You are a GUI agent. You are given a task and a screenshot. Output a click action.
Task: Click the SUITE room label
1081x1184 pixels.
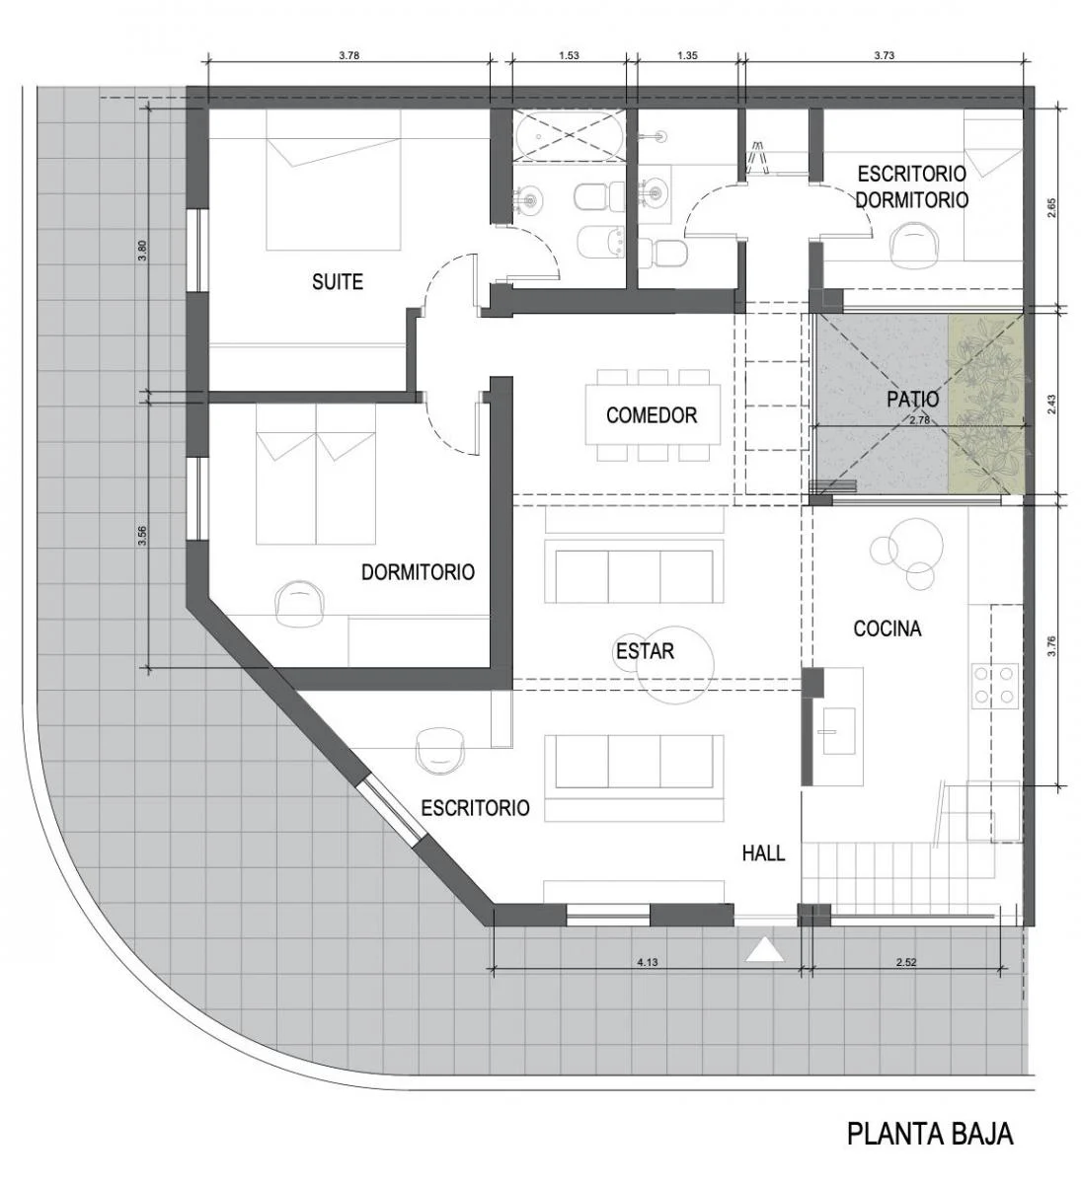[338, 282]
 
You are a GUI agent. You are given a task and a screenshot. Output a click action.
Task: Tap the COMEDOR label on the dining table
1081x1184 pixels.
[652, 415]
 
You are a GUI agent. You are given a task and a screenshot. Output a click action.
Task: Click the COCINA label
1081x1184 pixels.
[888, 629]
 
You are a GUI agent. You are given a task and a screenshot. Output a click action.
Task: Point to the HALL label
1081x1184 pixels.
[764, 852]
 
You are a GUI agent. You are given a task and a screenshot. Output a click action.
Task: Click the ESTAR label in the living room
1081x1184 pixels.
[645, 651]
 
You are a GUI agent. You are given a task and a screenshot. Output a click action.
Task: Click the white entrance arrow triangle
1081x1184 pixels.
[764, 950]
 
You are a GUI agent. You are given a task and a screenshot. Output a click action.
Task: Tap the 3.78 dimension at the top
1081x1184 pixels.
[348, 56]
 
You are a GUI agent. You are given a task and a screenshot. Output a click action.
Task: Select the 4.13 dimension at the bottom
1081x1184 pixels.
[648, 962]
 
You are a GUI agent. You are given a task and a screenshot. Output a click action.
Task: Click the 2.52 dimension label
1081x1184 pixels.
[906, 962]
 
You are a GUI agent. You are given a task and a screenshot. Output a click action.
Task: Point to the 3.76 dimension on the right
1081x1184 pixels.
[1050, 645]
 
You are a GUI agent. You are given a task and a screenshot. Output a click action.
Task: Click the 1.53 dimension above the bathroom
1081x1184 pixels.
[569, 56]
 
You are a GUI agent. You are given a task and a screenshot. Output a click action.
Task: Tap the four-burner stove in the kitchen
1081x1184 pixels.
[995, 685]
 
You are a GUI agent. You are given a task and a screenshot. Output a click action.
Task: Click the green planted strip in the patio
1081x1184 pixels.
[986, 404]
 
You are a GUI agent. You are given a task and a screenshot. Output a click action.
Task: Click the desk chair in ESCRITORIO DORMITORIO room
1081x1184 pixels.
[913, 243]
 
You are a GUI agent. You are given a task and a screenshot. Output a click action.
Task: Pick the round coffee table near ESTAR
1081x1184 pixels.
[674, 665]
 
